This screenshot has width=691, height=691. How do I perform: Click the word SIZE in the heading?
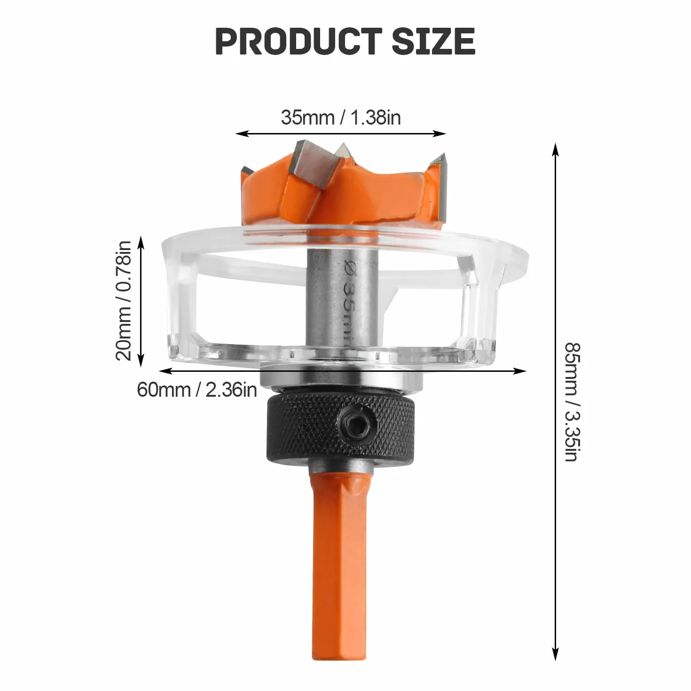[433, 41]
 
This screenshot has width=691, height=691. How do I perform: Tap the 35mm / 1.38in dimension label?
[340, 117]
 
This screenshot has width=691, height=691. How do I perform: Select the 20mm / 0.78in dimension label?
[124, 300]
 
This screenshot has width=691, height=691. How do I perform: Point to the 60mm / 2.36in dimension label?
[197, 389]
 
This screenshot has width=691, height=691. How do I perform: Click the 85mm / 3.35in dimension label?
[572, 402]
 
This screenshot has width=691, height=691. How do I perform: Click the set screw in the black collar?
[359, 424]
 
